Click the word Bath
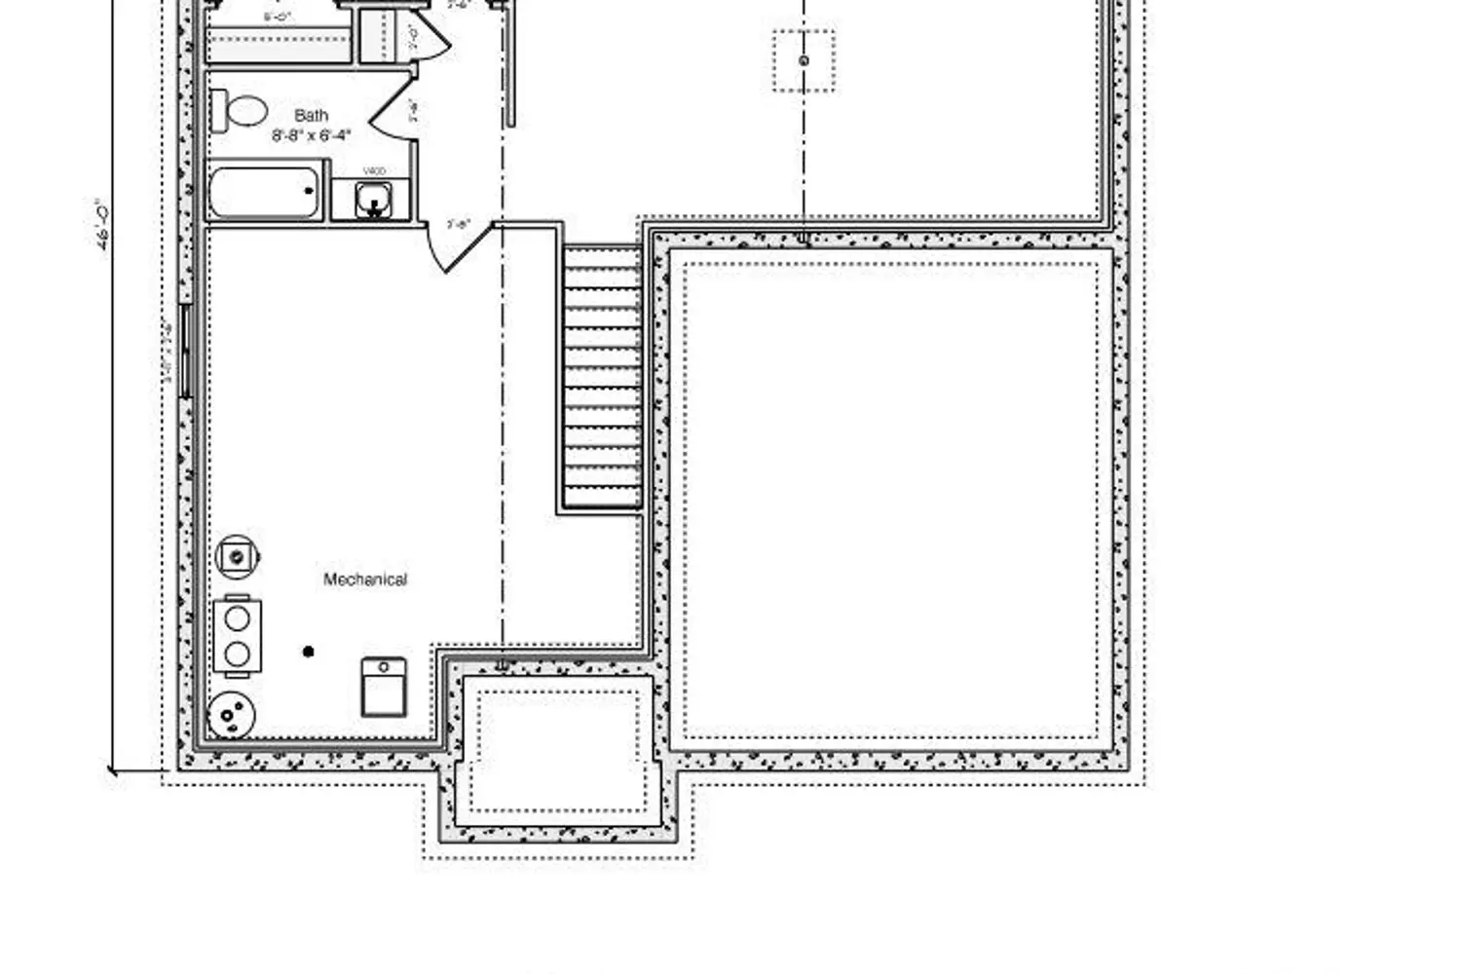point(311,116)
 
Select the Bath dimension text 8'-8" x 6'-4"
point(311,135)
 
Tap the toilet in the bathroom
point(240,111)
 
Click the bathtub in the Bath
point(264,192)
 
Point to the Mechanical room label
point(365,580)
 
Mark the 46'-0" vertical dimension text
point(102,226)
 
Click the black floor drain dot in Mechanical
point(309,652)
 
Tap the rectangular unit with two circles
point(237,635)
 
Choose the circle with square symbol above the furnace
point(237,557)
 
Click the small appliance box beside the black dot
point(384,687)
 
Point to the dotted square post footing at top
point(804,60)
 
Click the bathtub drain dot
point(310,191)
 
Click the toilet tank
point(219,111)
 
